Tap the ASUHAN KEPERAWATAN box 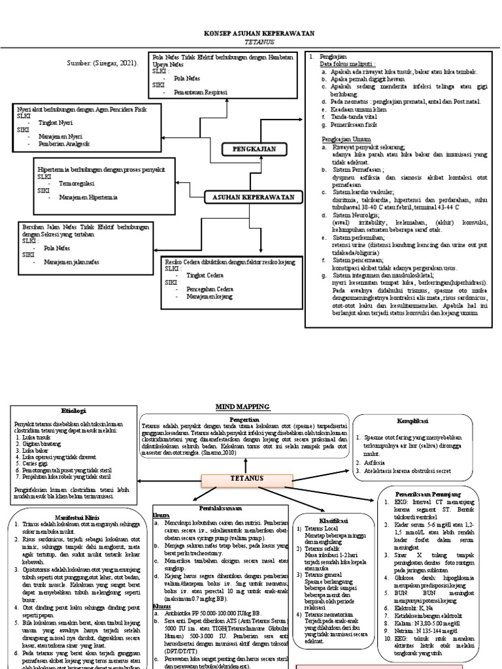click(251, 197)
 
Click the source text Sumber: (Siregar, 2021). click(103, 63)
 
